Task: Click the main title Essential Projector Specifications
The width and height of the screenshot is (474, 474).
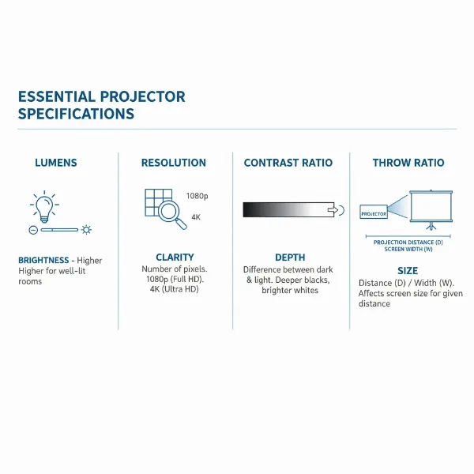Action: pos(101,105)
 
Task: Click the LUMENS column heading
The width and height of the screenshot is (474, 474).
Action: pos(56,163)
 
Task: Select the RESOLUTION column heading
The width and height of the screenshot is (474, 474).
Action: pos(174,163)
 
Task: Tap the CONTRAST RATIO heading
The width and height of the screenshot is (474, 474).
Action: pos(288,163)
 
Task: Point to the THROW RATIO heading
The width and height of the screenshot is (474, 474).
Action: pos(408,163)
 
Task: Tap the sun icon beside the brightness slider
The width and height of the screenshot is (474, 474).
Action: pos(86,230)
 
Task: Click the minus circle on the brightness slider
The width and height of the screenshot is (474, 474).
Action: pos(33,230)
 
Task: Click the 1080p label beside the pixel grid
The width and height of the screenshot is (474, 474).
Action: pos(197,195)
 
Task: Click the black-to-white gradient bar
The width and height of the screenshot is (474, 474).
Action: pos(288,209)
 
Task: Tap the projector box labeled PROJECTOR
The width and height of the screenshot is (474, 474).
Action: pos(374,213)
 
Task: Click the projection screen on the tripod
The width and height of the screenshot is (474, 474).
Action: pos(432,207)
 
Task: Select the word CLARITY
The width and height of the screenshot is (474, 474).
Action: pos(175,258)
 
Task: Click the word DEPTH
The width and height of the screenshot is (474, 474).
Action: pos(290,258)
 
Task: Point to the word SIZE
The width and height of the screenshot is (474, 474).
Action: pos(408,271)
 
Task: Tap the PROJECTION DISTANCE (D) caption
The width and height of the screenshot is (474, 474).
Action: pos(408,243)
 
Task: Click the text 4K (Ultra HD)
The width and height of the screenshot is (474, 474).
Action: pos(175,289)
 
